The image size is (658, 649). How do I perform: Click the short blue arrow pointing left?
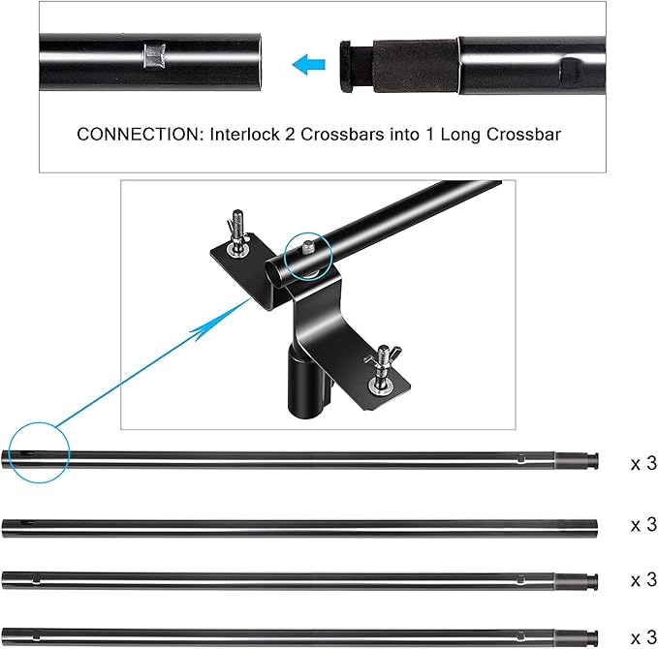click(308, 66)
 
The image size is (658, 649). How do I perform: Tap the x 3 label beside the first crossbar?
click(643, 464)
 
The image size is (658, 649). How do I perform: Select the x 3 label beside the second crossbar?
click(643, 524)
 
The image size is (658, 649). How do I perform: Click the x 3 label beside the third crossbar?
click(643, 580)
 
